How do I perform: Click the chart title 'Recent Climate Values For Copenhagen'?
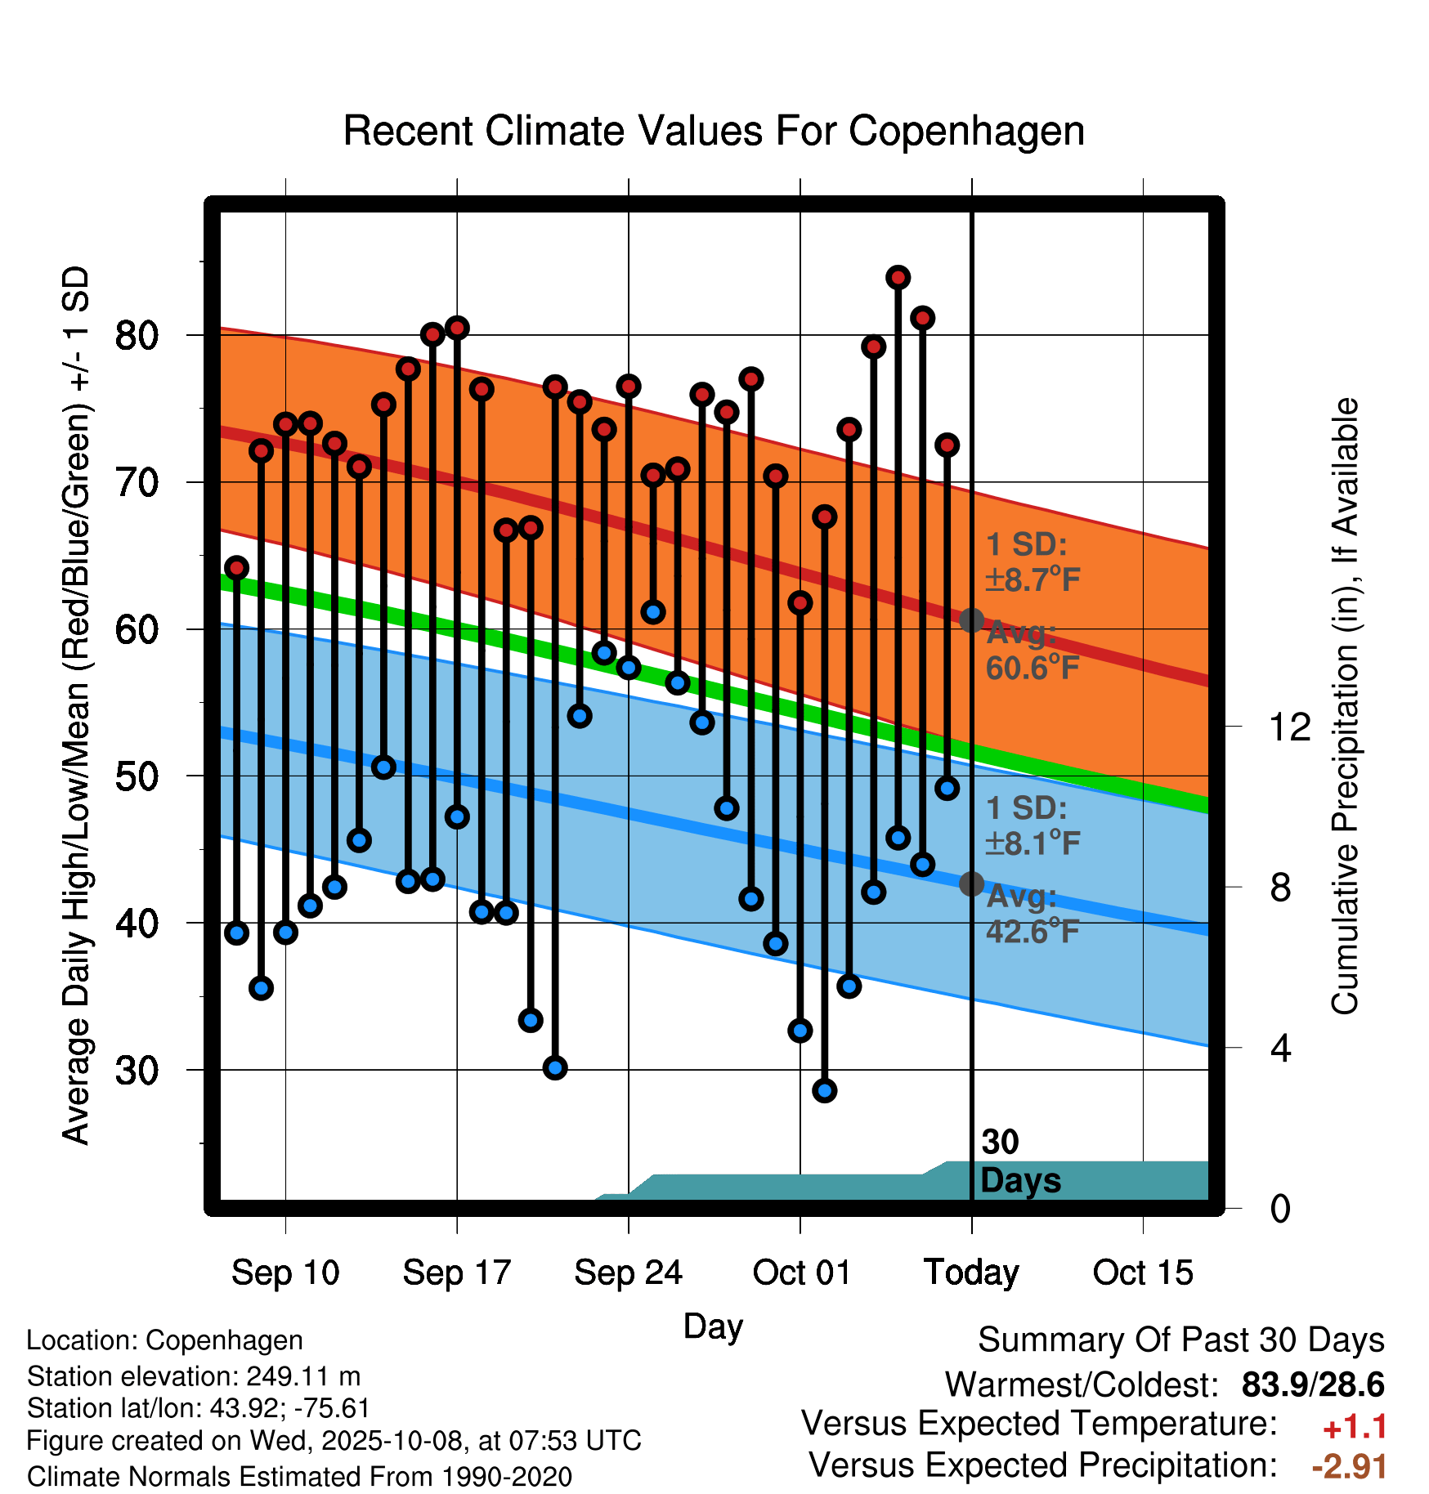[714, 131]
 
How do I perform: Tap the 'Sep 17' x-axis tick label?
[456, 1273]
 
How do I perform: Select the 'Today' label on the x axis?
[971, 1273]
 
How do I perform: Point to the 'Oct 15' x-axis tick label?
[1143, 1273]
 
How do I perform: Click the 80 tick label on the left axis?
[137, 336]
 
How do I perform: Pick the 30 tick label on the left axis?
[137, 1071]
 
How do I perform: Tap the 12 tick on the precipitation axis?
[1289, 727]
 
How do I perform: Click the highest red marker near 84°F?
[898, 278]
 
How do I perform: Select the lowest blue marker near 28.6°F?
[824, 1090]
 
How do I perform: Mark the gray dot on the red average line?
[971, 620]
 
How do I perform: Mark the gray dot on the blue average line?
[971, 883]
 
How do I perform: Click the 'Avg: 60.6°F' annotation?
[1032, 651]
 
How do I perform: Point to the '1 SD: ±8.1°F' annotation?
[1032, 825]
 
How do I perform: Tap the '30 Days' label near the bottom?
[1019, 1161]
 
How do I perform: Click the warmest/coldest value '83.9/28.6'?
[1312, 1384]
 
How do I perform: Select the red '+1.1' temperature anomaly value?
[1355, 1427]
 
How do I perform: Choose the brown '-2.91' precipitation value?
[1349, 1466]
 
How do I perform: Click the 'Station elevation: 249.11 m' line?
[194, 1376]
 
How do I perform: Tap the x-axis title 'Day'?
[713, 1326]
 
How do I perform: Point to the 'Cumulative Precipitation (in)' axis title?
[1345, 706]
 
